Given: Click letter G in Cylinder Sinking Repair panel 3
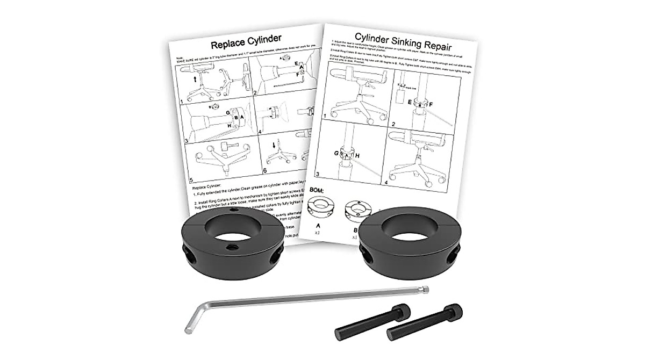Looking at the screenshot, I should (336, 153).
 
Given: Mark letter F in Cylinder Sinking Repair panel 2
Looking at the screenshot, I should (431, 103).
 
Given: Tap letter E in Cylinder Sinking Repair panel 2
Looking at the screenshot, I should (410, 101).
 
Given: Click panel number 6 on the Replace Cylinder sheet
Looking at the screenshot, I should (265, 170).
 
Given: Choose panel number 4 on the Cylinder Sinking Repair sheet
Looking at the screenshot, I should (395, 182).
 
